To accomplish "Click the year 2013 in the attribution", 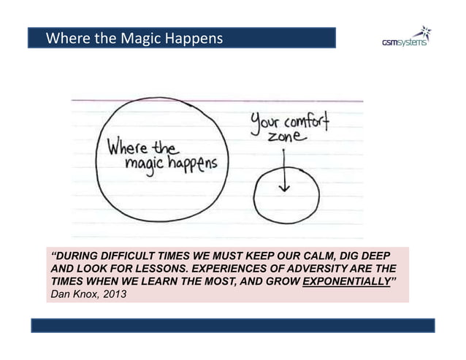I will pos(115,296).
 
